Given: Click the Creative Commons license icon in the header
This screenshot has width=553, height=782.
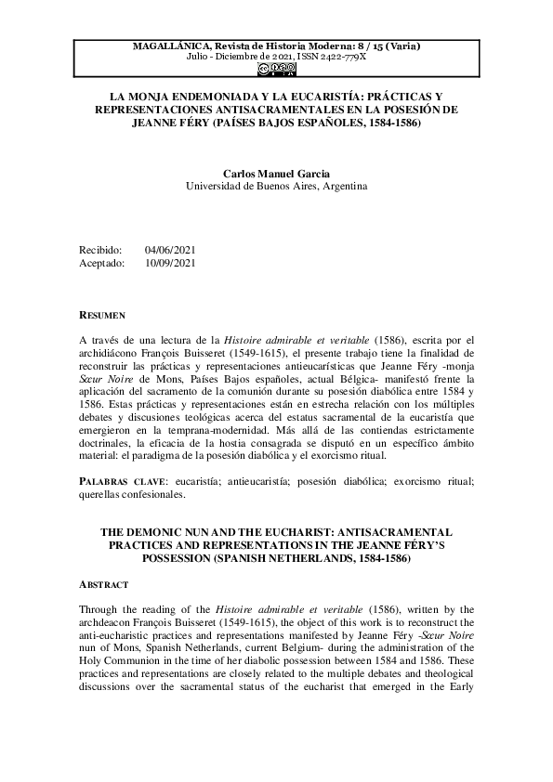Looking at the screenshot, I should tap(276, 67).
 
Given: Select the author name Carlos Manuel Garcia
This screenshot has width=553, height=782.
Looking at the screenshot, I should tap(276, 173).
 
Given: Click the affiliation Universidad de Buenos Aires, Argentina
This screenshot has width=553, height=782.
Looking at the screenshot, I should tap(276, 186).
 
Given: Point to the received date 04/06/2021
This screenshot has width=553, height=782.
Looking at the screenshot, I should tap(170, 250).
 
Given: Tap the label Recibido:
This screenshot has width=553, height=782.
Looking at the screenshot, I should tap(102, 250).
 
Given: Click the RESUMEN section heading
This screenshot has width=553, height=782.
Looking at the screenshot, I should tap(103, 316).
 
